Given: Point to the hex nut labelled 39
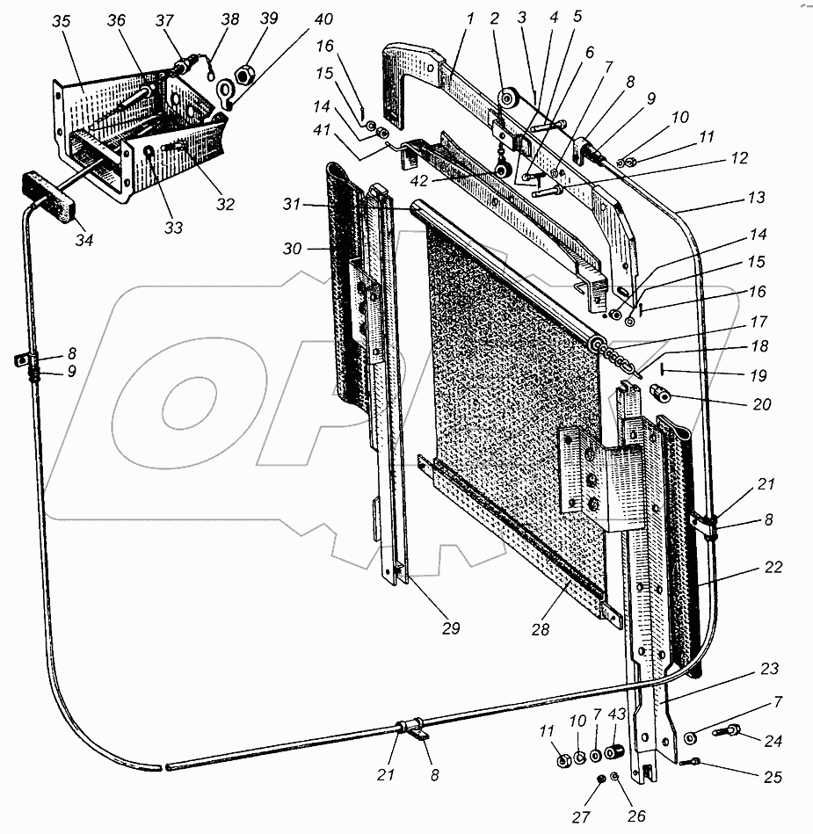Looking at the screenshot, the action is [247, 69].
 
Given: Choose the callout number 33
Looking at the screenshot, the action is [173, 228].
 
